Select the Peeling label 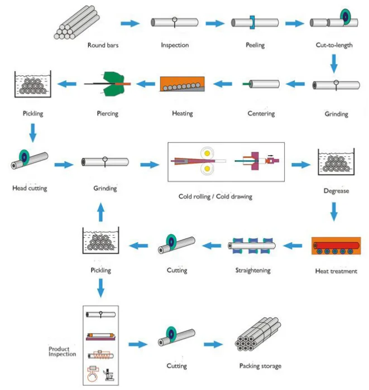[255, 45]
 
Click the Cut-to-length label [334, 45]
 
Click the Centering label [261, 114]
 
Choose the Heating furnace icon [182, 84]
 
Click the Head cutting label [30, 188]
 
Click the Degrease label [336, 191]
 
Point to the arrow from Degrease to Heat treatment [334, 211]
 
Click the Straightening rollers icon [252, 245]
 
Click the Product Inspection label [61, 351]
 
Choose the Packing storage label [260, 366]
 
